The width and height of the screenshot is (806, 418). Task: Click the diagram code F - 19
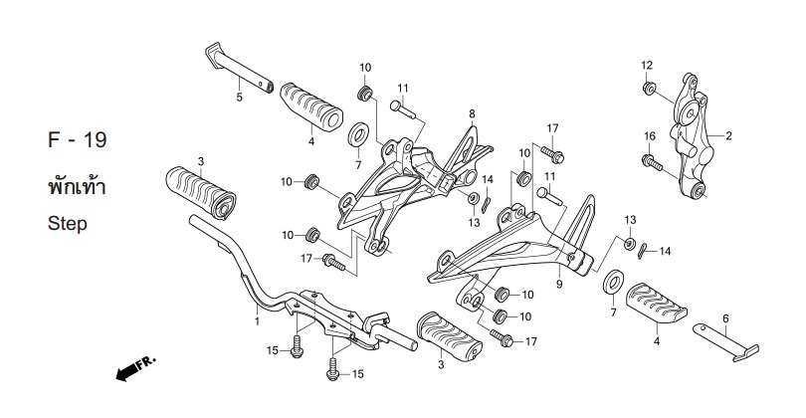(77, 140)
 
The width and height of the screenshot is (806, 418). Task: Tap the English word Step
(68, 224)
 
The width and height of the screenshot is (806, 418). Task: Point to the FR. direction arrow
(135, 369)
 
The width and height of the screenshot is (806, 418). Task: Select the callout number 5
(239, 97)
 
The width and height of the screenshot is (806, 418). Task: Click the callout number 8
(472, 113)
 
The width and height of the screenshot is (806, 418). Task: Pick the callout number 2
(728, 136)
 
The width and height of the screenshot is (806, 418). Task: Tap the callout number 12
(647, 66)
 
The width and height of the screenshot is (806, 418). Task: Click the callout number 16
(650, 136)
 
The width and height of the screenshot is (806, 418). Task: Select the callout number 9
(559, 284)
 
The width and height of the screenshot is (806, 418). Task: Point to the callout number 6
(725, 318)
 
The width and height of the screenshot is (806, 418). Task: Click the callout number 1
(257, 321)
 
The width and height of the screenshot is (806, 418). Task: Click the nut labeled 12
(649, 88)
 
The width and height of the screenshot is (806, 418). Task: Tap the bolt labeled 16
(653, 162)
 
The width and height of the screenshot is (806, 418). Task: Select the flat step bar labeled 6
(725, 341)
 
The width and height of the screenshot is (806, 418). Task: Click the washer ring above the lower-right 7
(613, 282)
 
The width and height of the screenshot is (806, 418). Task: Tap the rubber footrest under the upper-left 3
(200, 193)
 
